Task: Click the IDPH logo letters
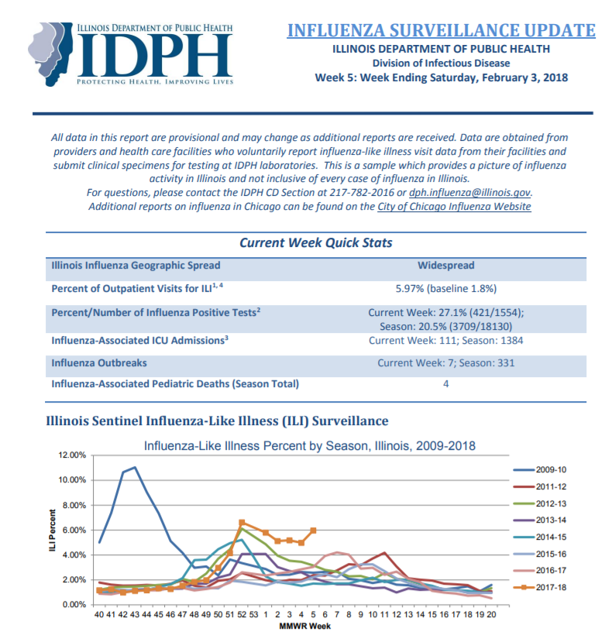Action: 156,55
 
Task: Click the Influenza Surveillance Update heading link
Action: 441,30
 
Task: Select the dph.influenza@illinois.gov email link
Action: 469,192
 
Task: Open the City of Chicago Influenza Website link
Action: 454,207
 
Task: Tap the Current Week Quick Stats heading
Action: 316,242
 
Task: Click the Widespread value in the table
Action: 446,266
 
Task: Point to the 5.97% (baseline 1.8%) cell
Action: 446,288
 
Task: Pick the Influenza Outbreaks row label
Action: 99,363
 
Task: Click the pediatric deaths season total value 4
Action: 446,384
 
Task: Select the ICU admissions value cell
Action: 446,340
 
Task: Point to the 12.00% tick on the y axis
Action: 72,455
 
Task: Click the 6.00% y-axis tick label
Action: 74,530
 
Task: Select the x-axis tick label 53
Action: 253,614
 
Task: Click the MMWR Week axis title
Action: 304,626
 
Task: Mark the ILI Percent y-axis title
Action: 52,530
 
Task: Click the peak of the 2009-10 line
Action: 135,467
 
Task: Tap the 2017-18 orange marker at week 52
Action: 242,523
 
